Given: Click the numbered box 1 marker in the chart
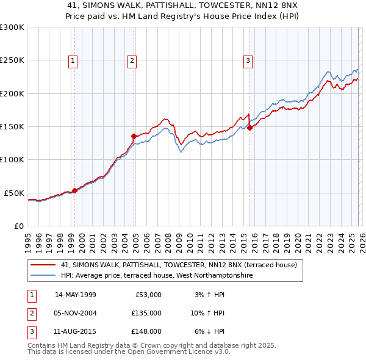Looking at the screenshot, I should tap(73, 60).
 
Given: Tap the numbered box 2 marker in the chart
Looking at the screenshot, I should tap(132, 60).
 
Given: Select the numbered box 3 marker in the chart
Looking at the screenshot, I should tap(248, 60).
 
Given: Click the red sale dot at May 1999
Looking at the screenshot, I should tap(74, 190).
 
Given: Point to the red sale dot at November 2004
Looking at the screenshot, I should tap(134, 136).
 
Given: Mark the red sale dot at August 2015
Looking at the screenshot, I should tap(249, 128).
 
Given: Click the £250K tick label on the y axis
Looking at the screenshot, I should tap(12, 60).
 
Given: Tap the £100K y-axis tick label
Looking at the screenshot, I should tap(12, 159).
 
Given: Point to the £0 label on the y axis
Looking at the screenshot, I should tap(18, 226).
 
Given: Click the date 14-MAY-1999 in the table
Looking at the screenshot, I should tap(76, 295).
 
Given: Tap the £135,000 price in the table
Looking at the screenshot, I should tap(146, 313).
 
